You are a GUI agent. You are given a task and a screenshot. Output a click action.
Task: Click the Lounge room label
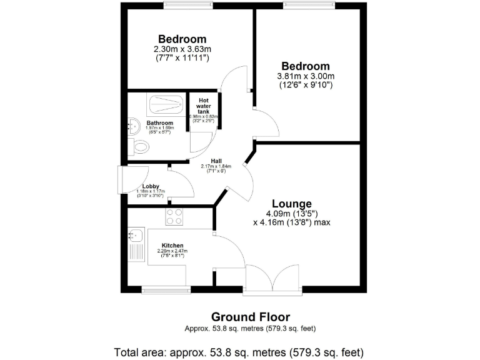(x=291, y=204)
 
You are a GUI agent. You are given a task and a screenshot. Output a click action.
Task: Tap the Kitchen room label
(x=172, y=245)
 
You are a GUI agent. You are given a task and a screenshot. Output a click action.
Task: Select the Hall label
(x=216, y=160)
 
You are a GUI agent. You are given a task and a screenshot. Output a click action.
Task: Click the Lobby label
(x=151, y=186)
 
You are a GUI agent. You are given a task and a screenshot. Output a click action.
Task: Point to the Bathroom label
(x=160, y=123)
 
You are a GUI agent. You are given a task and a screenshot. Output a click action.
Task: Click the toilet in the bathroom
(x=140, y=147)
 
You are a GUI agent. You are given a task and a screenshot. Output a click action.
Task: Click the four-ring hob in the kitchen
(x=174, y=216)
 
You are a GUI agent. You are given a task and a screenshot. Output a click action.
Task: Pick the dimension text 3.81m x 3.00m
(x=305, y=76)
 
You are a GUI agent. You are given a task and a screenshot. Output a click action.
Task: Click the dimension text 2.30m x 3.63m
(x=182, y=49)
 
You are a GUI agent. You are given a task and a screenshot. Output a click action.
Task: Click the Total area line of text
(x=239, y=351)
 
